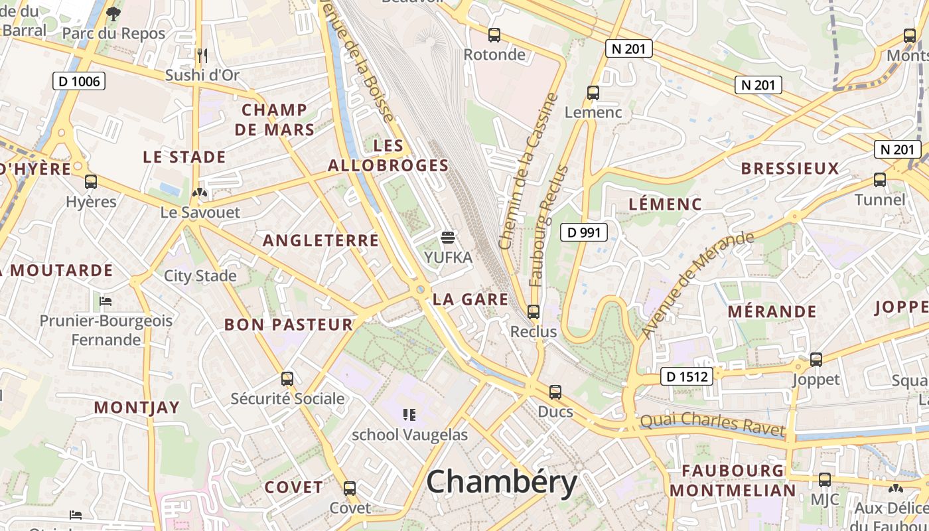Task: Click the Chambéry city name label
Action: tap(502, 483)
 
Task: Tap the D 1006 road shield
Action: tap(79, 82)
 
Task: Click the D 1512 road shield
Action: tap(687, 377)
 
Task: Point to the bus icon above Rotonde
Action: tap(494, 35)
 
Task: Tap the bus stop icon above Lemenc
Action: tap(593, 93)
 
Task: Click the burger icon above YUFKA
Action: tap(448, 238)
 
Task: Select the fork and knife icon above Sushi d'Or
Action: tap(202, 55)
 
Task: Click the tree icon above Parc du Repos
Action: tap(113, 13)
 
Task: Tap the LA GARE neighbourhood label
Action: tap(470, 299)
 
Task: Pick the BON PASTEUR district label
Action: tap(289, 325)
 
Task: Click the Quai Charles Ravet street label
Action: tap(712, 424)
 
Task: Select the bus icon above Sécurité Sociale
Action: tap(287, 379)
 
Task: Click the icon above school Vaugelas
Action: tap(409, 415)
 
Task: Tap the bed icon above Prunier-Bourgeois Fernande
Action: tap(105, 301)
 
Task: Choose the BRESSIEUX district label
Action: tap(790, 169)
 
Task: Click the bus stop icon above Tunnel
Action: tap(879, 180)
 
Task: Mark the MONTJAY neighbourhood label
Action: tap(137, 408)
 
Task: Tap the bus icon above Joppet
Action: tap(816, 360)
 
